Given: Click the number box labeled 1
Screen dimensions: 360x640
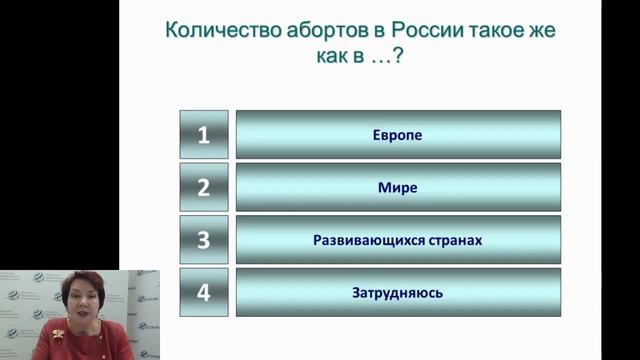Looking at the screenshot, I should pos(203,135).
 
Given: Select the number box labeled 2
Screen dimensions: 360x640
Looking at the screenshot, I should pos(203,187).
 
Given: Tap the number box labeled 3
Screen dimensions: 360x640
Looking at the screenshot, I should pos(203,240).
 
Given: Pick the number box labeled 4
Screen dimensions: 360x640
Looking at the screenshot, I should pos(203,293).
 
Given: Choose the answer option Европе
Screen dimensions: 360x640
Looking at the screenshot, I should pos(397,135).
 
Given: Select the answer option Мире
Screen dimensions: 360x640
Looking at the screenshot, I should pos(397,187).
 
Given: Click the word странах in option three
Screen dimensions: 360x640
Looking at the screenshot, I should pos(456,241).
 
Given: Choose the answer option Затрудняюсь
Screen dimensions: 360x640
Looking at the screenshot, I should pos(397,293).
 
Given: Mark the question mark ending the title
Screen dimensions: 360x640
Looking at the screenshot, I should pos(397,57).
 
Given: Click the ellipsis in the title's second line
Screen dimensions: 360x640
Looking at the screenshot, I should pos(378,59).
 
